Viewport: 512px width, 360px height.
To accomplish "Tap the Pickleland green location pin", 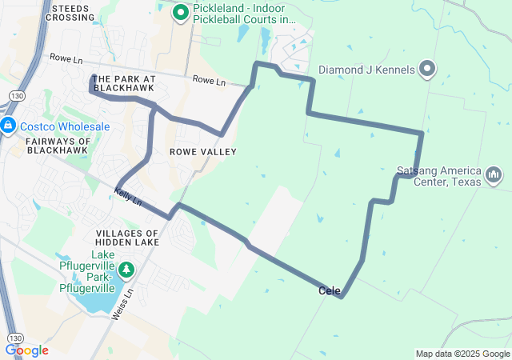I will pos(181,12).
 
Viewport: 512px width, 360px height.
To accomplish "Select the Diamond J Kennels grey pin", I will pos(426,70).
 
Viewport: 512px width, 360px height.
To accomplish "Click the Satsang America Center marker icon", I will pos(493,174).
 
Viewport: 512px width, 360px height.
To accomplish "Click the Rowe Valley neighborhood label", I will pos(203,151).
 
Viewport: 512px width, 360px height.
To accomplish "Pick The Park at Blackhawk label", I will pos(123,83).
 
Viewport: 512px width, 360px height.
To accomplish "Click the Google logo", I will pos(26,350).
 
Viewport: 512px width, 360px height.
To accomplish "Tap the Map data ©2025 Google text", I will pos(462,354).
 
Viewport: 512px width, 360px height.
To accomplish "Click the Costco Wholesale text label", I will pos(65,126).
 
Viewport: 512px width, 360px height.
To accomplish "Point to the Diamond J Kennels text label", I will pos(366,70).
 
